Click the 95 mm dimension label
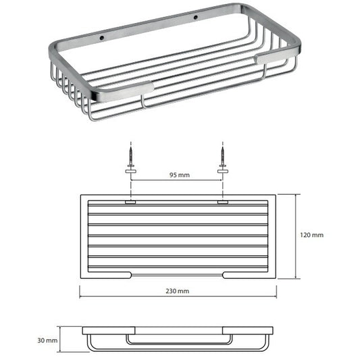(x=180, y=175)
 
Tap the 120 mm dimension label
(x=311, y=235)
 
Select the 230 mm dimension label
(x=178, y=291)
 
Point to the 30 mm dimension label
(x=47, y=340)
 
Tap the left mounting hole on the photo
(x=103, y=38)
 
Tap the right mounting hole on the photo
(x=196, y=17)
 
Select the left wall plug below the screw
(x=131, y=171)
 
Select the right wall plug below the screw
(x=223, y=171)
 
